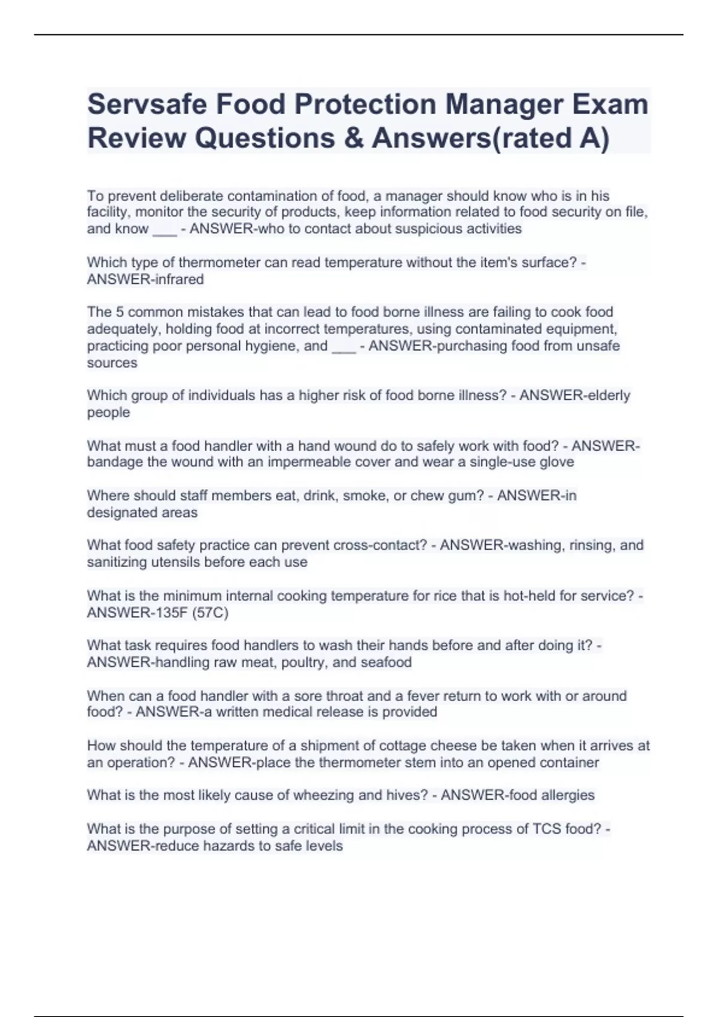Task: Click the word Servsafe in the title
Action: click(147, 104)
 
